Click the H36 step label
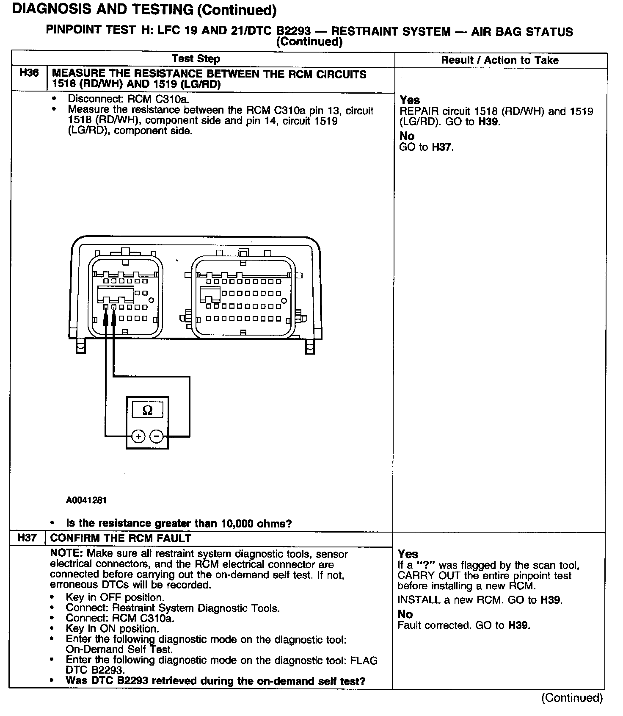pyautogui.click(x=29, y=73)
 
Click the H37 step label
pyautogui.click(x=27, y=538)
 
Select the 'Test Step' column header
pyautogui.click(x=196, y=59)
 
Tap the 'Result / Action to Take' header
pyautogui.click(x=500, y=60)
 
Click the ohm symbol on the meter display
pyautogui.click(x=147, y=410)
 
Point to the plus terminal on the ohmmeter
pyautogui.click(x=138, y=436)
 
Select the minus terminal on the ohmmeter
pyautogui.click(x=157, y=436)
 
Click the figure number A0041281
pyautogui.click(x=86, y=500)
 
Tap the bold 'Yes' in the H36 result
pyautogui.click(x=410, y=100)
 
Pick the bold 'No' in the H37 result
pyautogui.click(x=405, y=614)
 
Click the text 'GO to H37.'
pyautogui.click(x=426, y=147)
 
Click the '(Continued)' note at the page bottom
pyautogui.click(x=571, y=698)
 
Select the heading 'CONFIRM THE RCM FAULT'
pyautogui.click(x=121, y=538)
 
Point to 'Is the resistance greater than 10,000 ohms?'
pyautogui.click(x=179, y=523)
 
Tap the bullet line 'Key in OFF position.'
pyautogui.click(x=115, y=597)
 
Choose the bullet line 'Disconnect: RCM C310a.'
pyautogui.click(x=129, y=99)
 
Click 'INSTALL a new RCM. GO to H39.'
pyautogui.click(x=479, y=600)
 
